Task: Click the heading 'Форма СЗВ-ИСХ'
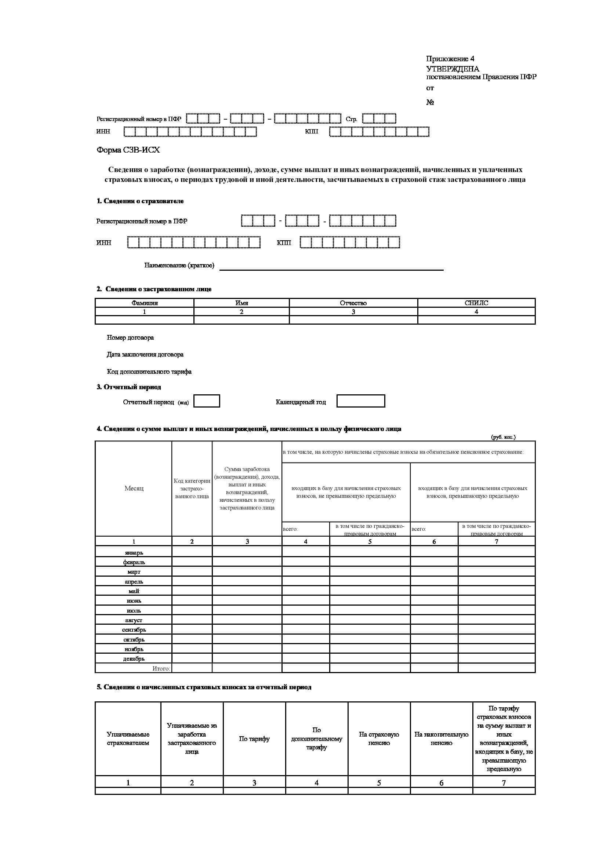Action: point(128,150)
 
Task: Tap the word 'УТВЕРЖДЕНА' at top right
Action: point(452,69)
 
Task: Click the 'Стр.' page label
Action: point(351,119)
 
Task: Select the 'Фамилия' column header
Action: point(144,303)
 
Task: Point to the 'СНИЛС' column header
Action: point(476,303)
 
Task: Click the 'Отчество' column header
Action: point(353,303)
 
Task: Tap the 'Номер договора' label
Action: point(130,337)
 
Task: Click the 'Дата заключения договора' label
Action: point(145,354)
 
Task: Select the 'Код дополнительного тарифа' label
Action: point(149,372)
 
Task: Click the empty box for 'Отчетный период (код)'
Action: point(207,401)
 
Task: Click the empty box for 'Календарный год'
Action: point(361,401)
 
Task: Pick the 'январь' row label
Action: point(134,552)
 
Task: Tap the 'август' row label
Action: point(134,620)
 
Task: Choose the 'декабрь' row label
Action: point(134,658)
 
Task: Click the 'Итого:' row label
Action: point(161,668)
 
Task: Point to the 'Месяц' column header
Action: point(134,488)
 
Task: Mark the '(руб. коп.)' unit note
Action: point(503,437)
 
